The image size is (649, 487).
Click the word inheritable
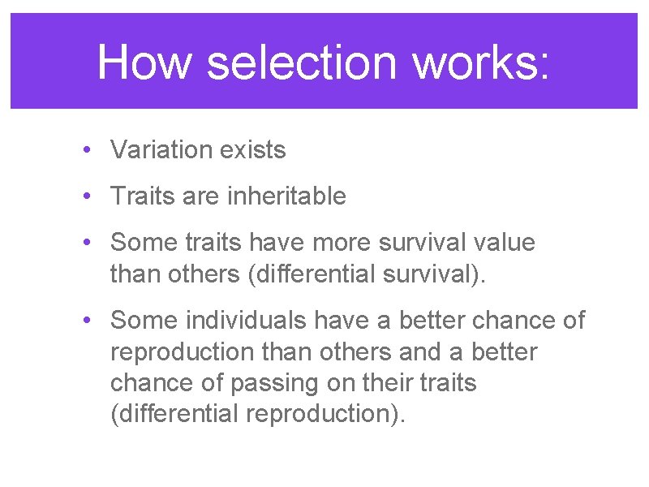pyautogui.click(x=287, y=196)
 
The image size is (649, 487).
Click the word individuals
pyautogui.click(x=246, y=321)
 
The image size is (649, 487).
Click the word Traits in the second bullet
pyautogui.click(x=140, y=196)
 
